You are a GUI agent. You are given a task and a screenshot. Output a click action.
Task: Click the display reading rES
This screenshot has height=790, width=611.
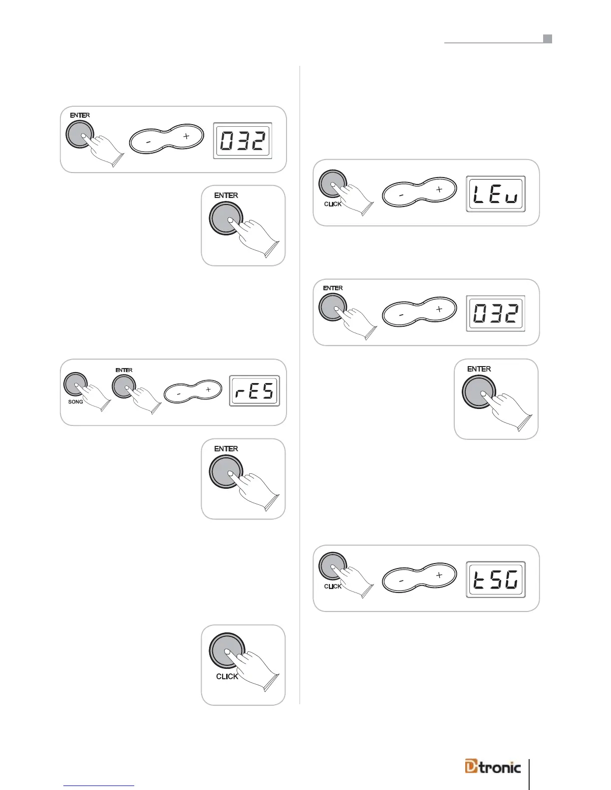[x=255, y=392]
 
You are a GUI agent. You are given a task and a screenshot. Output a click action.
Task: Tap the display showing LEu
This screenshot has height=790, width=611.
[x=496, y=194]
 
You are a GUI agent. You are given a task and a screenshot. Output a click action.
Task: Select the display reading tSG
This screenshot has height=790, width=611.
[x=496, y=580]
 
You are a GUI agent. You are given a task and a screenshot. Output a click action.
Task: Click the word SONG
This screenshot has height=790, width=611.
[x=75, y=402]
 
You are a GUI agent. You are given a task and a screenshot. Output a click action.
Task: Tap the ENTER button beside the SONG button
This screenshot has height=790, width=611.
[x=124, y=386]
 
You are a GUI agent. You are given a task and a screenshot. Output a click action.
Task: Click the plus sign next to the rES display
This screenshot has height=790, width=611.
[x=208, y=390]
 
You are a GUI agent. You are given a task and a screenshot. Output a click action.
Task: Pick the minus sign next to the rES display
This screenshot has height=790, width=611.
[x=179, y=394]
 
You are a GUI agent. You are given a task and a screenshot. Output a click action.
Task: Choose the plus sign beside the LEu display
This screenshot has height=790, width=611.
[x=439, y=190]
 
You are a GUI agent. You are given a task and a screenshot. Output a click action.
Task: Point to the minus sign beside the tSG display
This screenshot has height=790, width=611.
[x=401, y=581]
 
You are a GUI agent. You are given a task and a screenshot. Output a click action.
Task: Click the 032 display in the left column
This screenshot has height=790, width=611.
[x=243, y=141]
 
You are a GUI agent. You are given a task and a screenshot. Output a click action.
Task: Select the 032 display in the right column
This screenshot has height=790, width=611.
[x=496, y=314]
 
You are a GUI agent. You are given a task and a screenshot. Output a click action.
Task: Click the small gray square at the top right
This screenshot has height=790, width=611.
[x=548, y=39]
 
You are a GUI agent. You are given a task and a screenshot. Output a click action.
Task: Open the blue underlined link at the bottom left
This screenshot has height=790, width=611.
[x=100, y=786]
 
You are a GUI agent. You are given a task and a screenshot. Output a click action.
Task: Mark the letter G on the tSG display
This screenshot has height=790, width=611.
[x=512, y=580]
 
